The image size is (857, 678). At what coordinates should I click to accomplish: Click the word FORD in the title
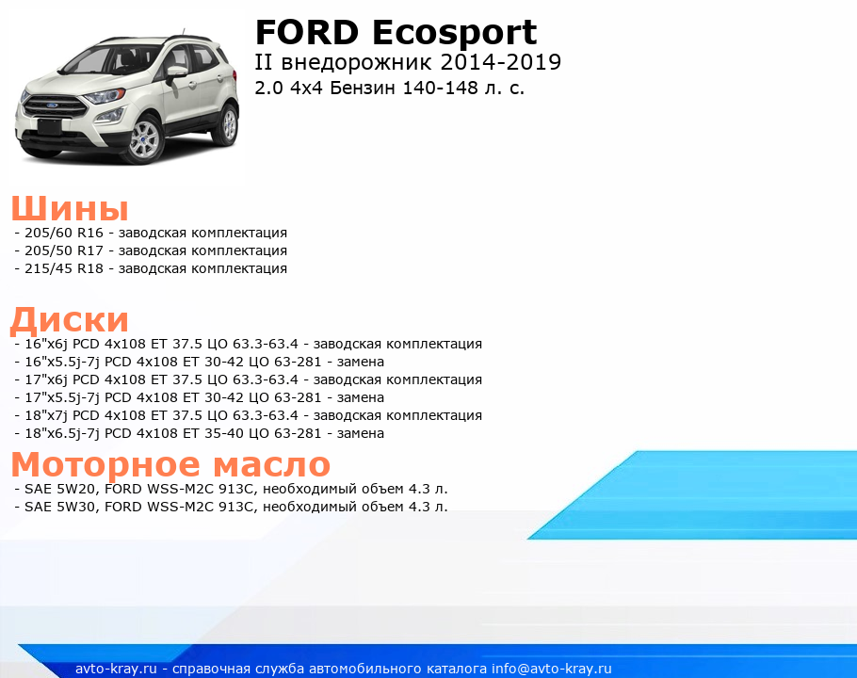(x=307, y=32)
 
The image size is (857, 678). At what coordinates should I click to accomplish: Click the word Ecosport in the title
(x=455, y=35)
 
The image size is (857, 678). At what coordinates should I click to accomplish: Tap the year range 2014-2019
(x=500, y=62)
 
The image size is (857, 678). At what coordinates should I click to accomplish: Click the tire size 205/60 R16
(x=64, y=233)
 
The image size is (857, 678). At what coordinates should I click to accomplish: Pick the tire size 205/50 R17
(x=64, y=250)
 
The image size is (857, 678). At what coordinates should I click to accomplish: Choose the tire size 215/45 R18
(x=64, y=268)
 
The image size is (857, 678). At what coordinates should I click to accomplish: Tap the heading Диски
(x=70, y=320)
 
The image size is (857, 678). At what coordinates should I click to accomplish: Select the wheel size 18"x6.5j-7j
(x=62, y=434)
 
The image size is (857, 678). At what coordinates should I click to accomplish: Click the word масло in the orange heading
(x=271, y=465)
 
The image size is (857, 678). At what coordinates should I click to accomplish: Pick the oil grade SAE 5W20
(x=60, y=489)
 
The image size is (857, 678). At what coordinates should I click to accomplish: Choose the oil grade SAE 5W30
(x=60, y=507)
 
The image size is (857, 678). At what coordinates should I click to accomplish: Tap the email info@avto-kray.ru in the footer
(x=552, y=669)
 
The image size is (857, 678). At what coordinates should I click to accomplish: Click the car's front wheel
(x=145, y=140)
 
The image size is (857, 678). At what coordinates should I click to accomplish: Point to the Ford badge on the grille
(x=52, y=105)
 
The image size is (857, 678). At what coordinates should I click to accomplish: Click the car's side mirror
(x=176, y=73)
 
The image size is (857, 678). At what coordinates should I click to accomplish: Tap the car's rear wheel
(x=228, y=124)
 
